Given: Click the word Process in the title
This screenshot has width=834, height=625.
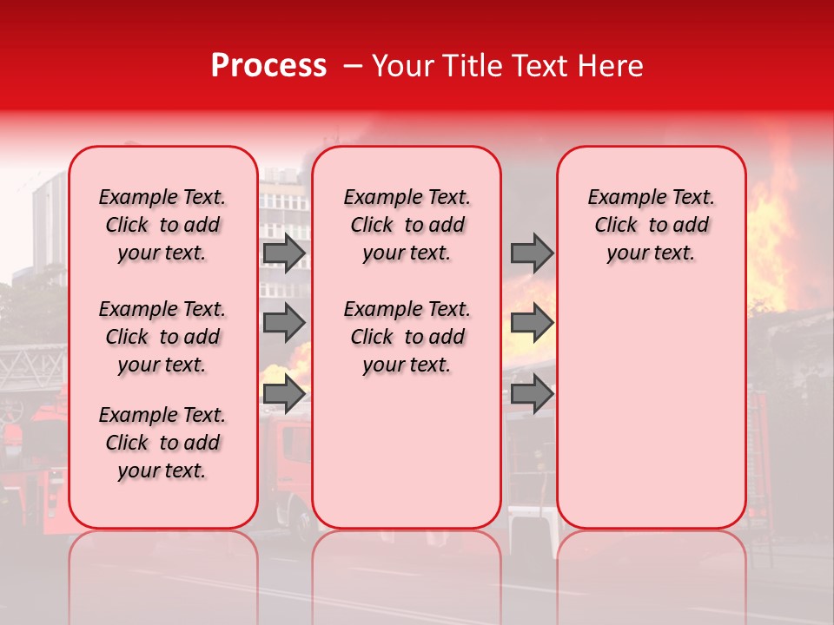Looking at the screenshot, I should click(x=268, y=66).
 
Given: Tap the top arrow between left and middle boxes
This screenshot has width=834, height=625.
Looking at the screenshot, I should click(x=284, y=253).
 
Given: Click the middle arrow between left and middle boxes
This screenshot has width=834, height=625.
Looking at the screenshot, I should click(x=284, y=323).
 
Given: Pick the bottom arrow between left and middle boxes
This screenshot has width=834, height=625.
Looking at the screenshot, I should click(x=284, y=394).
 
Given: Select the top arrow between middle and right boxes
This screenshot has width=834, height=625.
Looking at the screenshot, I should click(x=532, y=253).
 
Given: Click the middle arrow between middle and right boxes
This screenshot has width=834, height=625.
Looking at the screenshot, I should click(x=532, y=323).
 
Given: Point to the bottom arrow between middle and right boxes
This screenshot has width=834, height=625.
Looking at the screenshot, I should click(x=532, y=394).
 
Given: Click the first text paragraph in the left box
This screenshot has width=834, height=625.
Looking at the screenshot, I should click(x=162, y=225).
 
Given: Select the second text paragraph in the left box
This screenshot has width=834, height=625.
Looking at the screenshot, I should click(x=162, y=337).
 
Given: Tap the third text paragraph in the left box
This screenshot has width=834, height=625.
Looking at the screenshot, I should click(x=162, y=443).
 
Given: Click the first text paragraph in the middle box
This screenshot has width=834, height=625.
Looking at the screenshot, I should click(x=407, y=225).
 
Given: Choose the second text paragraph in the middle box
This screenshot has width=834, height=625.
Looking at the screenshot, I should click(x=407, y=337).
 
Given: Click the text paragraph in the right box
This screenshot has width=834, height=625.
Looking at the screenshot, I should click(x=652, y=225).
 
